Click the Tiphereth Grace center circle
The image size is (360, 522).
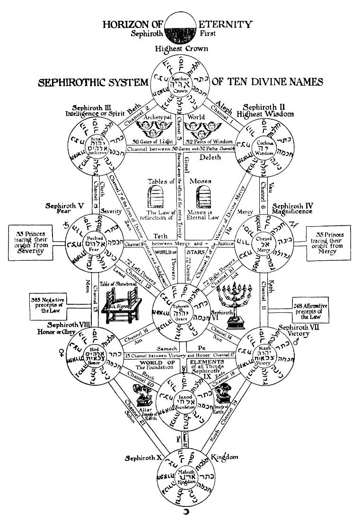(180, 310)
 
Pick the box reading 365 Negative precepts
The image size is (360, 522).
(48, 304)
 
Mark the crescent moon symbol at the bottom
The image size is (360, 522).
(180, 512)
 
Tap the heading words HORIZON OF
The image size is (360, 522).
(130, 24)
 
